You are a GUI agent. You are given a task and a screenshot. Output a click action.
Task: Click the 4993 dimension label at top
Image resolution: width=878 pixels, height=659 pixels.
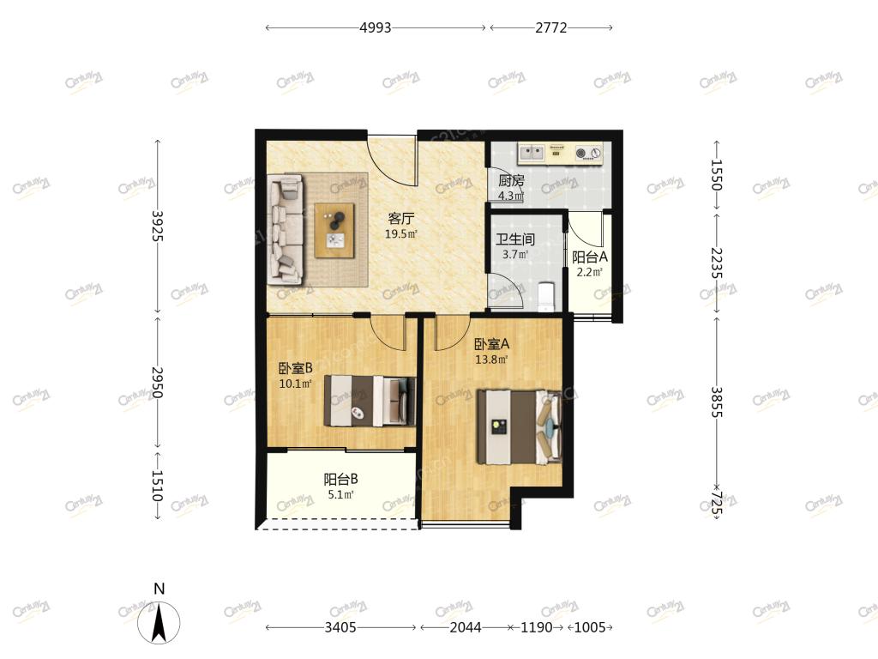pyautogui.click(x=376, y=27)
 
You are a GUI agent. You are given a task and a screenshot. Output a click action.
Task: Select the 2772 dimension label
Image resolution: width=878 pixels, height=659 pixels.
pyautogui.click(x=551, y=27)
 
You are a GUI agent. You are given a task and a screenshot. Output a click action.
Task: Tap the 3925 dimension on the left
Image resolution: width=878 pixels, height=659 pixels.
pyautogui.click(x=158, y=226)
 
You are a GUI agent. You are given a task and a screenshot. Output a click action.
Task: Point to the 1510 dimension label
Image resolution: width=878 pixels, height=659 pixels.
pyautogui.click(x=158, y=486)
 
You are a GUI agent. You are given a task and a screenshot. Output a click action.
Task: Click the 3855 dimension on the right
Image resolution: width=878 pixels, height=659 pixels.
pyautogui.click(x=717, y=402)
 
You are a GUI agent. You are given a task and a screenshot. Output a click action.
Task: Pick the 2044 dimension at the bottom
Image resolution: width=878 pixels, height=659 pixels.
pyautogui.click(x=466, y=627)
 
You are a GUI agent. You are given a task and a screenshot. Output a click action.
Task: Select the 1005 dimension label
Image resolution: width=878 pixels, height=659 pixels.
pyautogui.click(x=590, y=627)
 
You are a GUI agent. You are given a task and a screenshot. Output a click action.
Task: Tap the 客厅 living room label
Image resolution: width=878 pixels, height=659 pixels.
pyautogui.click(x=401, y=219)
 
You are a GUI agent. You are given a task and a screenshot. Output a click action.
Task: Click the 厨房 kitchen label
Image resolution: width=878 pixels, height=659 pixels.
pyautogui.click(x=511, y=181)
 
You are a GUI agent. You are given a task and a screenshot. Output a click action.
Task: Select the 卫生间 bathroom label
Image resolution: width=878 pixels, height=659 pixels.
pyautogui.click(x=515, y=240)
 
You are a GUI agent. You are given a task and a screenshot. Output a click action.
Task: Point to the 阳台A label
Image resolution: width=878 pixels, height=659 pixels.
pyautogui.click(x=590, y=257)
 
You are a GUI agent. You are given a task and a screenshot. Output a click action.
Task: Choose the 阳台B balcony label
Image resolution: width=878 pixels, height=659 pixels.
pyautogui.click(x=341, y=479)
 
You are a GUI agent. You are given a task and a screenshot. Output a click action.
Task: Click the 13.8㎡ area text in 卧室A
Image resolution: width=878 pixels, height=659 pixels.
pyautogui.click(x=491, y=360)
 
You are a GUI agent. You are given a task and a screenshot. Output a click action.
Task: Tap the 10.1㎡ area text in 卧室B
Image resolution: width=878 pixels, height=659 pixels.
pyautogui.click(x=295, y=384)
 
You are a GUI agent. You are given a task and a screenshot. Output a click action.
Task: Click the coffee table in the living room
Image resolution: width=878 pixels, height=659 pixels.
pyautogui.click(x=335, y=230)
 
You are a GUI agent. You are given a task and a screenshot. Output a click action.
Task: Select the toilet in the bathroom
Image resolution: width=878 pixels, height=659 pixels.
pyautogui.click(x=545, y=296)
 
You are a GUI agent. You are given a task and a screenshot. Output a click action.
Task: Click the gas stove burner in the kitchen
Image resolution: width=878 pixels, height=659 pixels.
pyautogui.click(x=588, y=153)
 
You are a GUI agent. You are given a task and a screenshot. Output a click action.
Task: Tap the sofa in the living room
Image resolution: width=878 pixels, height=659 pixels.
pyautogui.click(x=285, y=228)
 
